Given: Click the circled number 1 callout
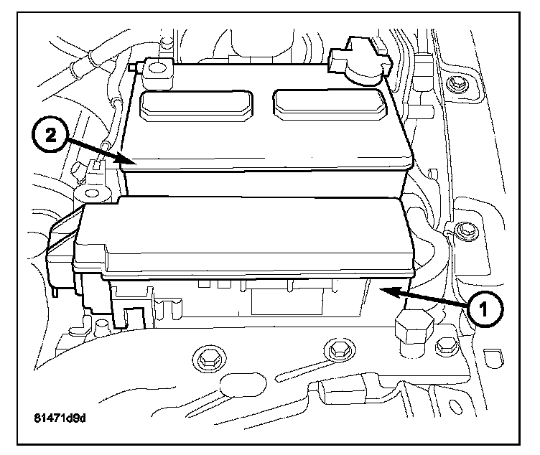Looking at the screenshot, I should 484,309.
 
